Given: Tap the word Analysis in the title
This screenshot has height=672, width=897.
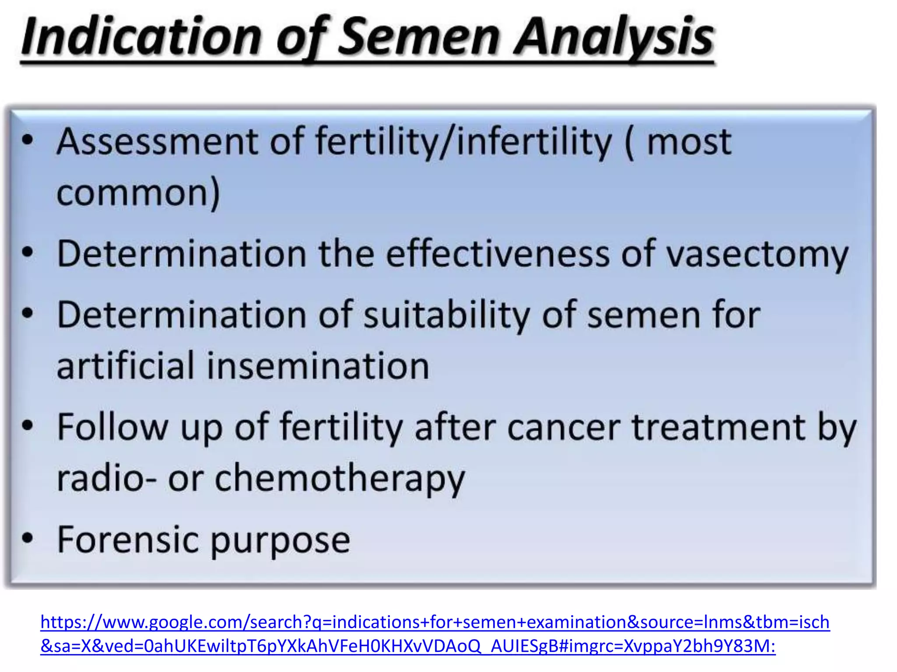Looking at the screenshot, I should point(613,37).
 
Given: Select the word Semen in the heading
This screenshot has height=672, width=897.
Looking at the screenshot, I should point(419,37).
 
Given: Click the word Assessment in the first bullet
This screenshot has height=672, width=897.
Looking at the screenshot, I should point(158,142).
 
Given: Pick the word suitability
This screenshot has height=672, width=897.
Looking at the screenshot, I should point(447,315).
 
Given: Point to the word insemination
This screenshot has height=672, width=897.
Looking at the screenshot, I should point(318,366).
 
